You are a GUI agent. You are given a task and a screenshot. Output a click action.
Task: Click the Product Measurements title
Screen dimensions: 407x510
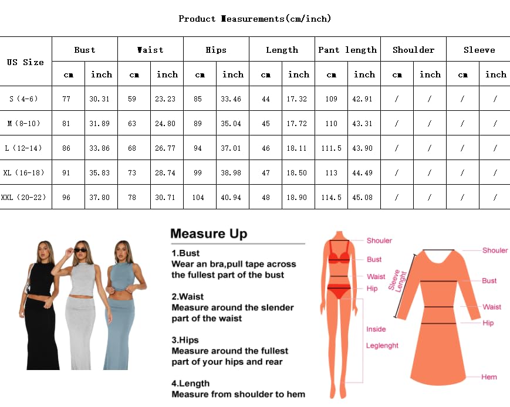255,19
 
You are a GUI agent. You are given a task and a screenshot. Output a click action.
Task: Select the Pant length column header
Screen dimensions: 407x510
347,50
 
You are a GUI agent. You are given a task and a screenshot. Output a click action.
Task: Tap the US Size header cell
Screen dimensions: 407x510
26,62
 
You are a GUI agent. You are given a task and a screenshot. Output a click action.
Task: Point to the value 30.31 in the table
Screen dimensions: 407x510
101,99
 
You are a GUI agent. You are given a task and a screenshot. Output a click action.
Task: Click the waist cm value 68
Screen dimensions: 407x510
134,148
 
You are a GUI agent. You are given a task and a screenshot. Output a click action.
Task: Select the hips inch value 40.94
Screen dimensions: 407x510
232,198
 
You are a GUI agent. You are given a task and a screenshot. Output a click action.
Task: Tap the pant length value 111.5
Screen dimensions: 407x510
331,148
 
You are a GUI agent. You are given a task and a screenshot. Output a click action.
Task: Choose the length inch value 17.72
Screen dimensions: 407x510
298,124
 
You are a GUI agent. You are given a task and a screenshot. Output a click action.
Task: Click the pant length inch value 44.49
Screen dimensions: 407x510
364,173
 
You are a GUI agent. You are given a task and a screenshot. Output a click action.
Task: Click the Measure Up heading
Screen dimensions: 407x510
208,234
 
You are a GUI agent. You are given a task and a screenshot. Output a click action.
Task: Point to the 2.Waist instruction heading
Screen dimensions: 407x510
187,297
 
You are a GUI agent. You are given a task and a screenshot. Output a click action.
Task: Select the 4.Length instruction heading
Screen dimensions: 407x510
190,384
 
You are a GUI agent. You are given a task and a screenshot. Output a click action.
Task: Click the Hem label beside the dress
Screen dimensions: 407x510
489,377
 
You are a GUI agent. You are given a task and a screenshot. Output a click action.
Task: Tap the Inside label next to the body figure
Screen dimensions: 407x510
376,329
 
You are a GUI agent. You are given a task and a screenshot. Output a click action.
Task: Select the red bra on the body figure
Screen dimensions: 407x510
339,256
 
